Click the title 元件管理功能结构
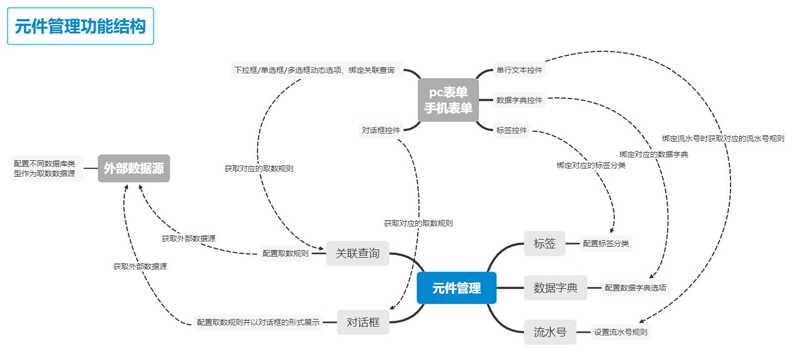pos(80,26)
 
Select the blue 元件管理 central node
pos(457,288)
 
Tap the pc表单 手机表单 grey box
pos(448,100)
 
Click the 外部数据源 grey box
pos(134,168)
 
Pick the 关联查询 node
pos(358,253)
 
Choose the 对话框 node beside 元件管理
pos(363,322)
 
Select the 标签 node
pos(545,243)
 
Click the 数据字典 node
pos(556,288)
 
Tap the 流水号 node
pos(550,332)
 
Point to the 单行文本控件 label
pos(519,70)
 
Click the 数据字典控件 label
pos(519,100)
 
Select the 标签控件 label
pos(511,130)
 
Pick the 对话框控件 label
pos(381,130)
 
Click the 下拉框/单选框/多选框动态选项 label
pos(315,70)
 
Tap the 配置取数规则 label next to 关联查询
pos(285,253)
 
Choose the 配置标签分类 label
pos(606,243)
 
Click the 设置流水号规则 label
pos(621,332)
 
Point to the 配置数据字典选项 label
pos(635,288)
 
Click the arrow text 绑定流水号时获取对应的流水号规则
pos(723,138)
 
